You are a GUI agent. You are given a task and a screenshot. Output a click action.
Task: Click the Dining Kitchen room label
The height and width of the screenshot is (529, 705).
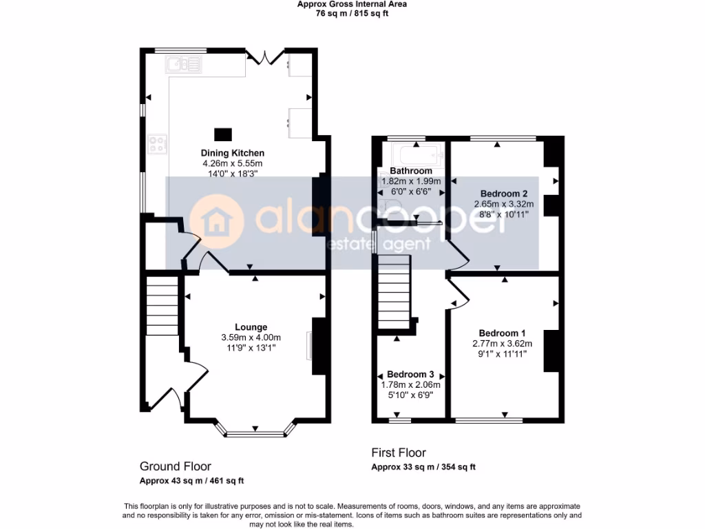233,153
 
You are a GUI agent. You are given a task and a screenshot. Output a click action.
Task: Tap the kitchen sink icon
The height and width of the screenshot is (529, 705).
183,65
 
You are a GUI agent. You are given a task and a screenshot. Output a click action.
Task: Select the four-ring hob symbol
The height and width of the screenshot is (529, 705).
158,144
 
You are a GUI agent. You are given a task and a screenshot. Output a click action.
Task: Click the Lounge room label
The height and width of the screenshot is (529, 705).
251,327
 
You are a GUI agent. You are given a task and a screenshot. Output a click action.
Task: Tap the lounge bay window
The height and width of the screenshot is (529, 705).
255,433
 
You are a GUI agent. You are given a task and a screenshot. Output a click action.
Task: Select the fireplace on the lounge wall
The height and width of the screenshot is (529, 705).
310,346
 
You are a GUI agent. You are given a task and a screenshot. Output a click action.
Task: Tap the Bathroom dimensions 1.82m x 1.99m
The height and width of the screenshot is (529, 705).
411,181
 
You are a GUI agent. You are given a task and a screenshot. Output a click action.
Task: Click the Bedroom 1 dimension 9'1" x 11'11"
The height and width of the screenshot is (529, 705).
502,354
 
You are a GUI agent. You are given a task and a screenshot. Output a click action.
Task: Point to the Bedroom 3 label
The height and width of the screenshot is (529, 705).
410,375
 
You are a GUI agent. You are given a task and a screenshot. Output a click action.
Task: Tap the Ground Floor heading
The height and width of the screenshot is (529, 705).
175,466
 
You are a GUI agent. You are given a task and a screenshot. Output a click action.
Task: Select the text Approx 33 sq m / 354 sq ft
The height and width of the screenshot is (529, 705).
423,467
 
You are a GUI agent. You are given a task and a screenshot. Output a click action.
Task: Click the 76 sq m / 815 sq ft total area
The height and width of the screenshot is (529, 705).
352,13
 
